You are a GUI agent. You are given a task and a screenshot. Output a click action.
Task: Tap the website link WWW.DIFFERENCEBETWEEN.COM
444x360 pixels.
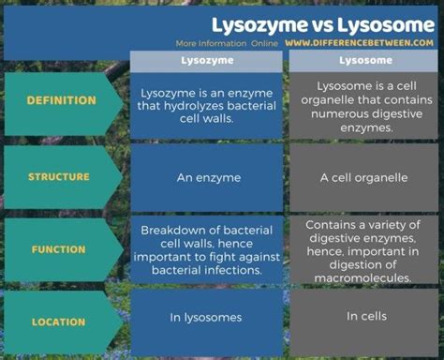[360, 43]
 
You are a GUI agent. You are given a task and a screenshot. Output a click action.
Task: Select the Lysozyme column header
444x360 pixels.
[206, 60]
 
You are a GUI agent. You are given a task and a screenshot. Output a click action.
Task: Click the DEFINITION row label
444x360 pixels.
[62, 100]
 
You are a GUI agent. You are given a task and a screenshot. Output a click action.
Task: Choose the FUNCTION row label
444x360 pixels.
[59, 250]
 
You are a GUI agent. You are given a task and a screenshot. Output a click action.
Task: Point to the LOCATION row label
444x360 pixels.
[59, 322]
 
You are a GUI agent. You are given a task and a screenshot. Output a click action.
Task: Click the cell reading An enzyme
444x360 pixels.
[206, 176]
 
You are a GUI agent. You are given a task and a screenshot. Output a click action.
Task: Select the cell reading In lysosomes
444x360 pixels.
[206, 317]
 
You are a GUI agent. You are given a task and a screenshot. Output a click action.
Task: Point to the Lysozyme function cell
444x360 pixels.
[206, 250]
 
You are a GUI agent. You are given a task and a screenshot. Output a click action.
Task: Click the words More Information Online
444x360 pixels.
[227, 43]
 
